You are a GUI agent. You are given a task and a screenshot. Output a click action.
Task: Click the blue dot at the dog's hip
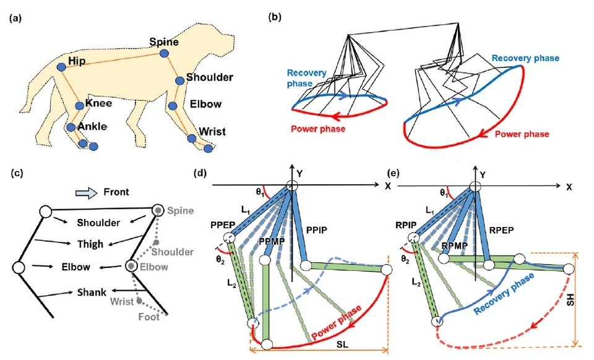click(61, 66)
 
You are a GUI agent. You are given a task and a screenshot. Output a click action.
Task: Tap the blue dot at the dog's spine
click(165, 54)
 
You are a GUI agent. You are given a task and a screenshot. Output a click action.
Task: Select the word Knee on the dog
click(98, 103)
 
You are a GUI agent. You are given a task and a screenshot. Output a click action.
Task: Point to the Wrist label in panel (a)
click(212, 132)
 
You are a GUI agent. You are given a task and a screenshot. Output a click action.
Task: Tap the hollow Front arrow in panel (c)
click(84, 192)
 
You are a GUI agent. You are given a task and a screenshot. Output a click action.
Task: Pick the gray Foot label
click(158, 317)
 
